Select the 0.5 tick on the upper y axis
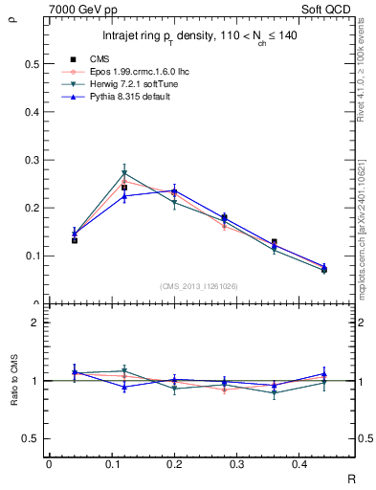33,64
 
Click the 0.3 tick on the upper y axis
33,160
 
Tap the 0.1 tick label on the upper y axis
33,256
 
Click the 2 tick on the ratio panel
36,323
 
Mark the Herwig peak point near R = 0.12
124,173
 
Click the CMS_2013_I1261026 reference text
199,286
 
